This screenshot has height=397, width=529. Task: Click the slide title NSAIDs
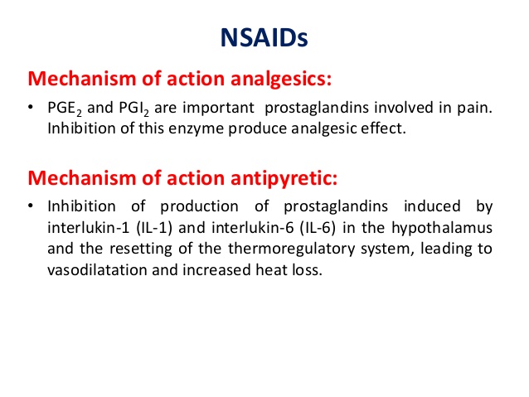(265, 39)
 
